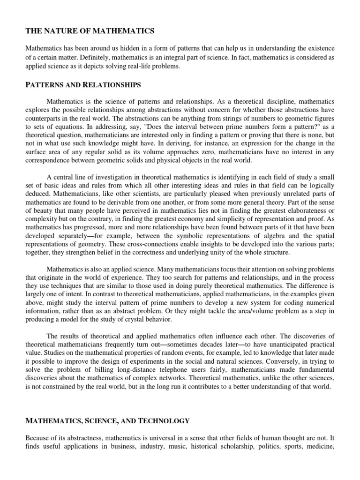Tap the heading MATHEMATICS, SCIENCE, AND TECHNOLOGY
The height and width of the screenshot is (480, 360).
pos(107,421)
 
